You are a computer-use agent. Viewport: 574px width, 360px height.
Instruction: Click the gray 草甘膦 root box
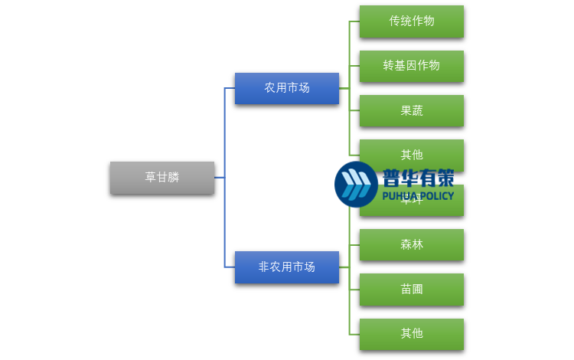point(162,178)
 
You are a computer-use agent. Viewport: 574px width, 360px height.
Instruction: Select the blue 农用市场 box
point(287,88)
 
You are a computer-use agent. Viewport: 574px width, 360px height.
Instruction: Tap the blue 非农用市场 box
point(287,267)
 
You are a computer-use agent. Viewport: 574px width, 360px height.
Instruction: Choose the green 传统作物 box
point(412,21)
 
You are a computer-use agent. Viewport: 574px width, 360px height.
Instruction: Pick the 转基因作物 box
point(412,66)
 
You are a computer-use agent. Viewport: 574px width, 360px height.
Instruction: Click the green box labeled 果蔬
point(412,110)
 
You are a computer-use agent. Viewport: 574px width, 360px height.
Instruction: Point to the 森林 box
point(412,244)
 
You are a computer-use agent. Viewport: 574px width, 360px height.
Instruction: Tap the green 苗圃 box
point(412,290)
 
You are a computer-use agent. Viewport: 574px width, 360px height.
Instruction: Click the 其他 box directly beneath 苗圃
point(412,334)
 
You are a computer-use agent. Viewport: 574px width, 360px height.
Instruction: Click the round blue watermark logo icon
point(356,185)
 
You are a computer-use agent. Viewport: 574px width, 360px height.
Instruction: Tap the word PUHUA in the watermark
point(400,196)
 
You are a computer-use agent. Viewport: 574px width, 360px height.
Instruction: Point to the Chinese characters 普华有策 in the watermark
point(418,178)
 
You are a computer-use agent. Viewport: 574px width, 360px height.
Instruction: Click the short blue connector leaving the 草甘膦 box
point(219,178)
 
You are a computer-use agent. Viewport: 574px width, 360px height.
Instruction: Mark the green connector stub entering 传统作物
point(354,21)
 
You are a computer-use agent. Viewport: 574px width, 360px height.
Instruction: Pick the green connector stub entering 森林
point(354,244)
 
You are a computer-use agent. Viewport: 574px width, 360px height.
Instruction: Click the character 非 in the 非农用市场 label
point(264,267)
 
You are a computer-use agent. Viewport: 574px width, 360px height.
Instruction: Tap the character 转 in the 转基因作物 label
point(389,66)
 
